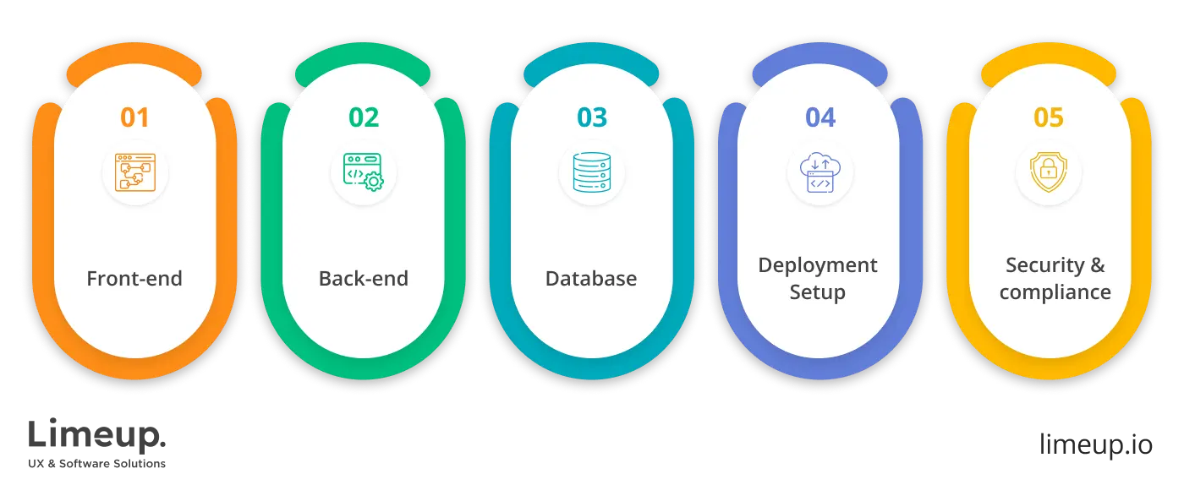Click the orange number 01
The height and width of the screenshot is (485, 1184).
pos(134,117)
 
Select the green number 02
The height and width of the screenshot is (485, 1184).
pos(364,117)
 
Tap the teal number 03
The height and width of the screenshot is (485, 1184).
pos(592,117)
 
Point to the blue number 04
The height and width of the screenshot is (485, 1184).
pos(820,117)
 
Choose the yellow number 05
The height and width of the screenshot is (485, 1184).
pos(1049,117)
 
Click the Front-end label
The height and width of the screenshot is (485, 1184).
pos(134,279)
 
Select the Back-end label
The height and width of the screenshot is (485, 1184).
pos(364,279)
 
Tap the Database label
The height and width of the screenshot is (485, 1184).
pos(591,279)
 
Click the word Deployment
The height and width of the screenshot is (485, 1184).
pos(818,265)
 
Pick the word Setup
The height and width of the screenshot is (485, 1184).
pos(818,293)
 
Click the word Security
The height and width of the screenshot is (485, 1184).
pos(1044,265)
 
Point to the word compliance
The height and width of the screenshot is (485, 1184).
pos(1055,293)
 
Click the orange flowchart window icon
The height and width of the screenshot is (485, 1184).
pos(134,172)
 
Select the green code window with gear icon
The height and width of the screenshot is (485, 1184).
pos(364,172)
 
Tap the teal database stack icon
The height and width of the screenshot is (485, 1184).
pos(591,172)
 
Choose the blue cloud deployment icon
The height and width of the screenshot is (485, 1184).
pos(819,172)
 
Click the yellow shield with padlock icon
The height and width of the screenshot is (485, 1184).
pos(1048,172)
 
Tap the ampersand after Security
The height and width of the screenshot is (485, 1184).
pos(1097,265)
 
